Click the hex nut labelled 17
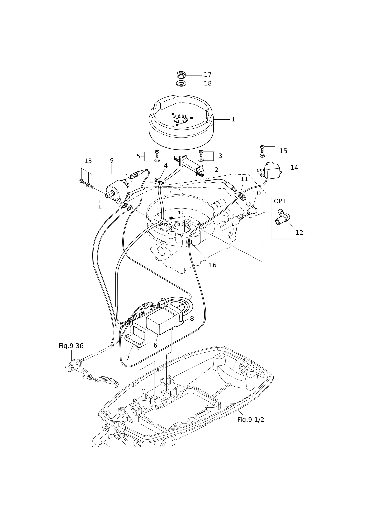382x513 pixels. [181, 75]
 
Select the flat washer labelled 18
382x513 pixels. [181, 83]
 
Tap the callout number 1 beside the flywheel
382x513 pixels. [233, 119]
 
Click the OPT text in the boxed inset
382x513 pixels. [280, 201]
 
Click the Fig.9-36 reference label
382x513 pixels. [71, 346]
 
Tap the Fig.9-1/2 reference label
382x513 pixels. [251, 420]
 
